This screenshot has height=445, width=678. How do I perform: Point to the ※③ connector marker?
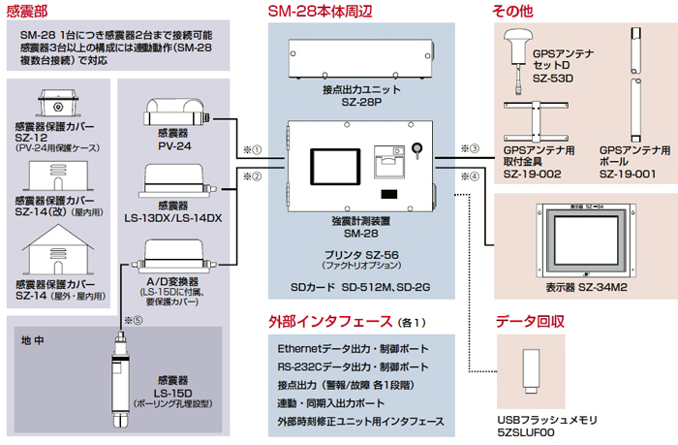coord(468,148)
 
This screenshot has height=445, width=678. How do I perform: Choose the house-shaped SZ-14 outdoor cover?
coord(49,253)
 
